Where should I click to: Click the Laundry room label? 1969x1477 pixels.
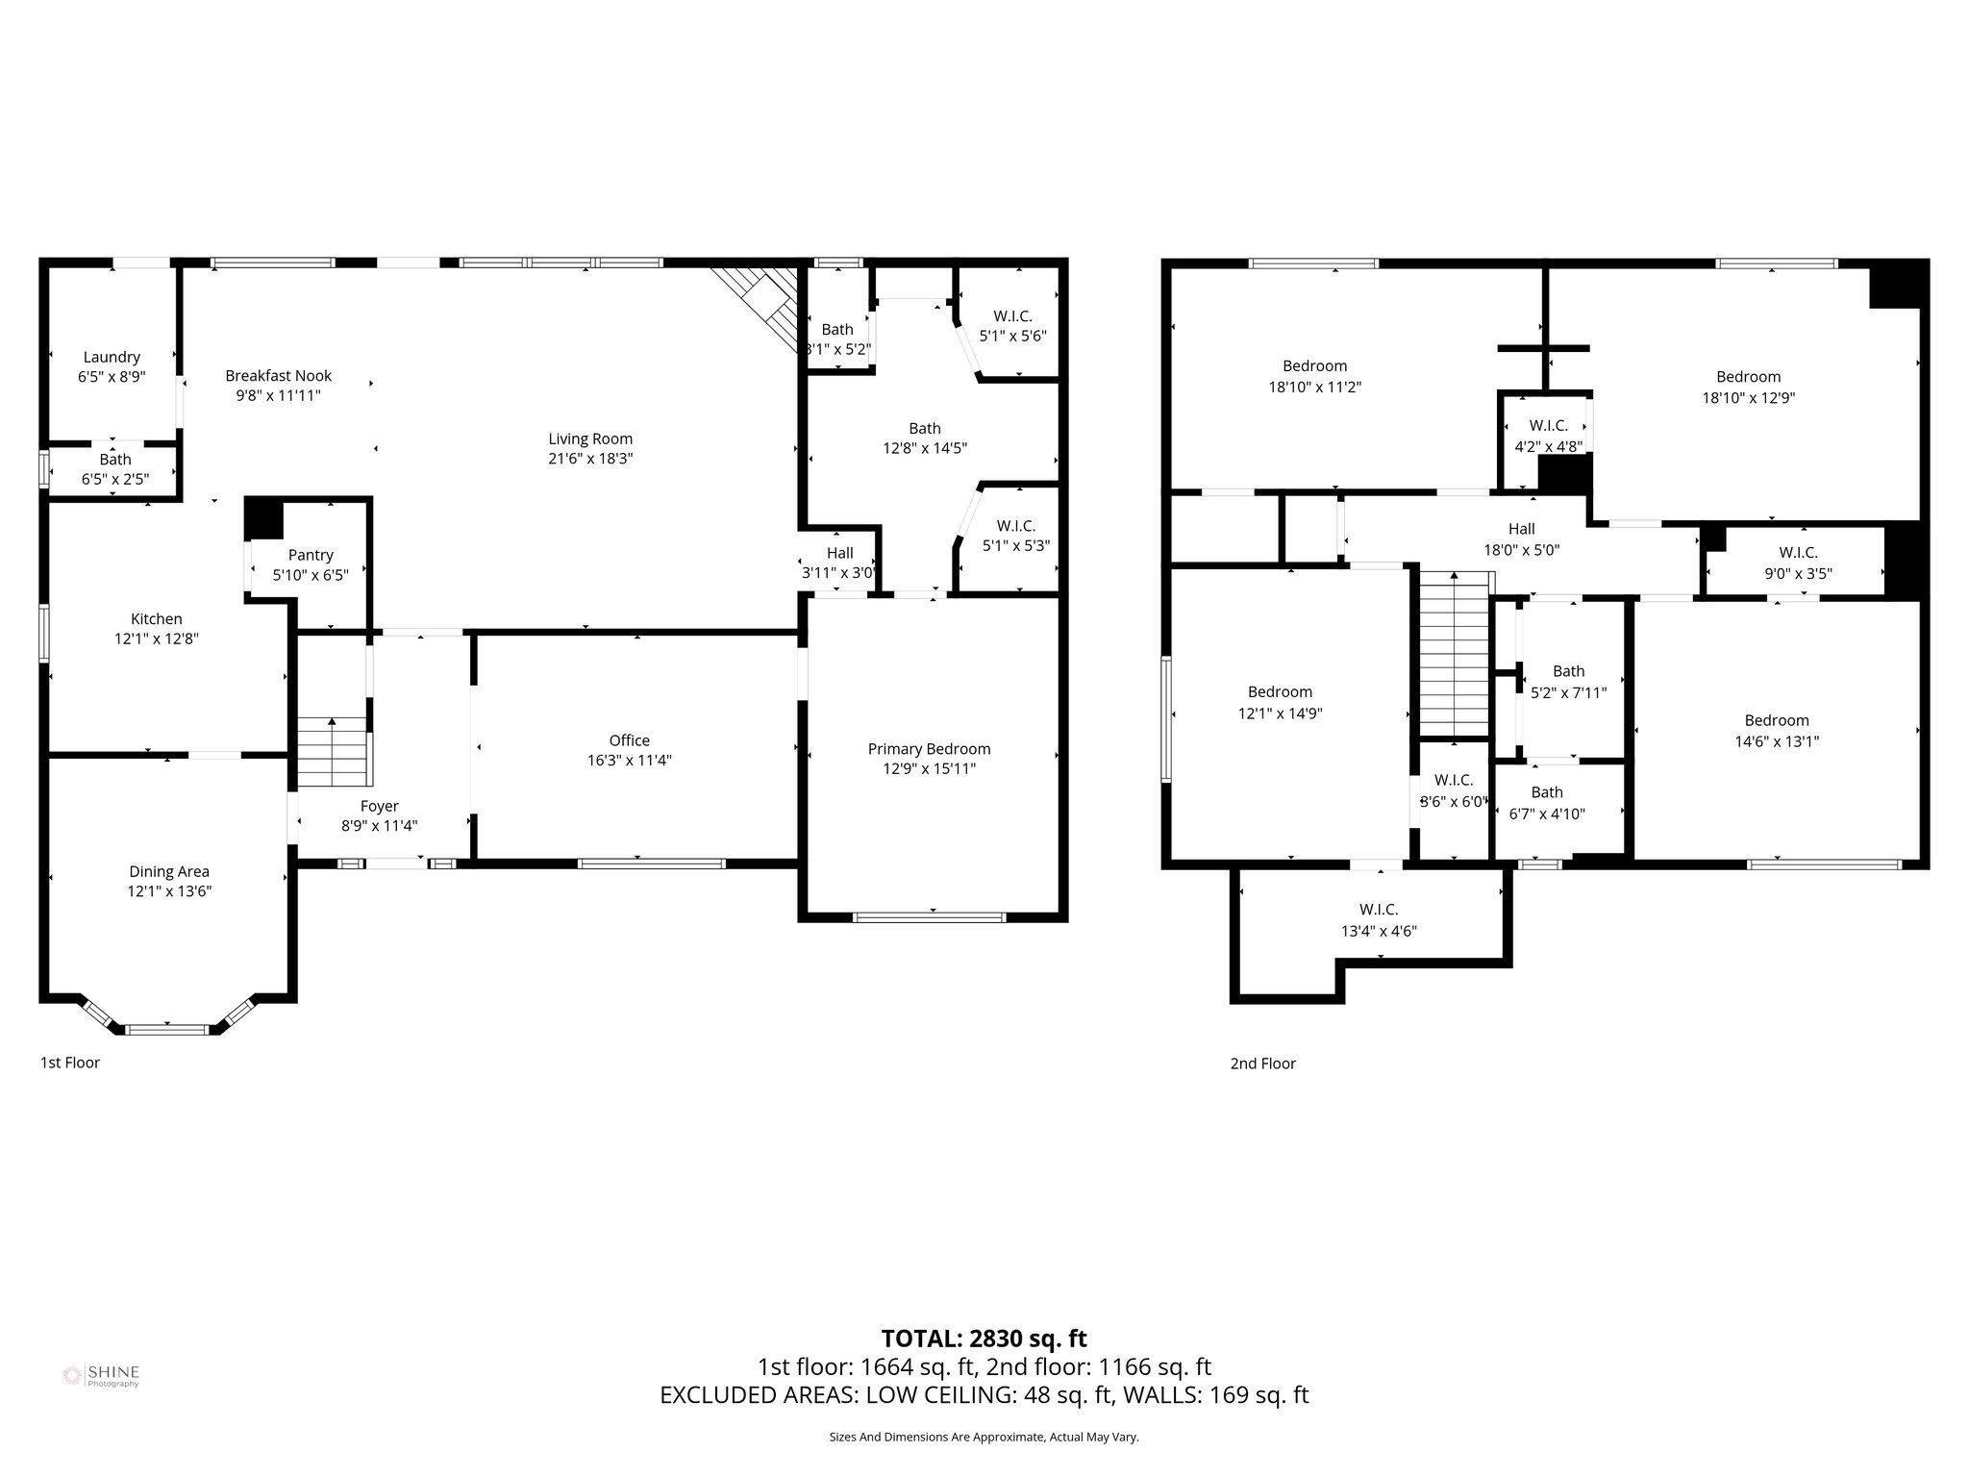click(112, 357)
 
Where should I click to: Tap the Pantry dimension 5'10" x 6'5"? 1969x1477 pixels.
click(311, 575)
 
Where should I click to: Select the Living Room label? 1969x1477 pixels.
click(590, 438)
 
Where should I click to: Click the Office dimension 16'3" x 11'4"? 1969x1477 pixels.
click(629, 761)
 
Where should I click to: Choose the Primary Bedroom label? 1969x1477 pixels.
click(929, 748)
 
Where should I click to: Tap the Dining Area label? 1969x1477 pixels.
click(169, 871)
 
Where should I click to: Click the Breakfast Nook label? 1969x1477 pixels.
click(278, 375)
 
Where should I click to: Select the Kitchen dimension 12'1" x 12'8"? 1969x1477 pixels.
click(157, 638)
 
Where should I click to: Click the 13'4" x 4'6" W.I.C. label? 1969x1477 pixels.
click(1379, 909)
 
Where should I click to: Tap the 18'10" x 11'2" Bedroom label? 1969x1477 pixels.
click(1314, 365)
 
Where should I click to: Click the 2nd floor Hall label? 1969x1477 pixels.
click(1521, 529)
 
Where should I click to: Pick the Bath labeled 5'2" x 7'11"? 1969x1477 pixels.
click(1568, 671)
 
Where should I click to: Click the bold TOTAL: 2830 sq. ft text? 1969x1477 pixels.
click(984, 1339)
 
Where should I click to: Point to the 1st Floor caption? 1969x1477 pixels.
click(70, 1063)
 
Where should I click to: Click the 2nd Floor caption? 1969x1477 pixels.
click(1262, 1064)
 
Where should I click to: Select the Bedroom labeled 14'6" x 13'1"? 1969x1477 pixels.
click(1777, 720)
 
